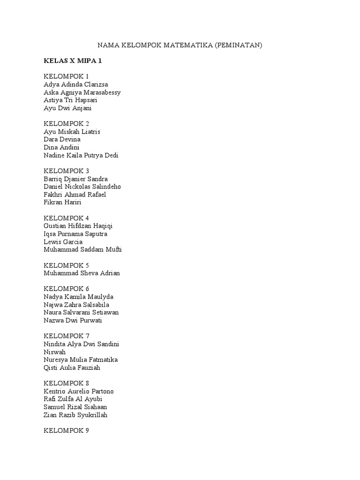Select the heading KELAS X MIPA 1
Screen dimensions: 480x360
tap(73, 61)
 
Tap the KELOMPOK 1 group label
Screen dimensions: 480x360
tap(66, 76)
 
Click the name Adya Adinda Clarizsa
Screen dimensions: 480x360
tap(76, 84)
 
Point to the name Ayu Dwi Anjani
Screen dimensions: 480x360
tap(68, 108)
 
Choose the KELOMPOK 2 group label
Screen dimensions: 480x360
tap(66, 124)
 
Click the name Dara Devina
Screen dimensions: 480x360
tap(62, 140)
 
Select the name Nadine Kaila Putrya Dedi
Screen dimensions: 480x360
tap(81, 156)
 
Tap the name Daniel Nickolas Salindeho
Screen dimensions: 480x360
tap(82, 187)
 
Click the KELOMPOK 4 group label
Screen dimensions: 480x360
tap(66, 218)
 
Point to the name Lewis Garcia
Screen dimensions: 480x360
tap(63, 242)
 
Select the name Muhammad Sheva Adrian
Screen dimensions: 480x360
tap(82, 273)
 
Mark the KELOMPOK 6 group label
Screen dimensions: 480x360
tap(66, 289)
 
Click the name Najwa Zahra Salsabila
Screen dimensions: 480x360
tap(76, 305)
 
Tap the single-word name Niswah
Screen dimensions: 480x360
tap(54, 352)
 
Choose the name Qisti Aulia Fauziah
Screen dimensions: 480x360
tap(72, 368)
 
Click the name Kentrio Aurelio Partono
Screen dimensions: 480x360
tap(78, 391)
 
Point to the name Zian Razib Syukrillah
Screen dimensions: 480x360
tap(75, 415)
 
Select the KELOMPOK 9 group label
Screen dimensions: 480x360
tap(66, 431)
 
